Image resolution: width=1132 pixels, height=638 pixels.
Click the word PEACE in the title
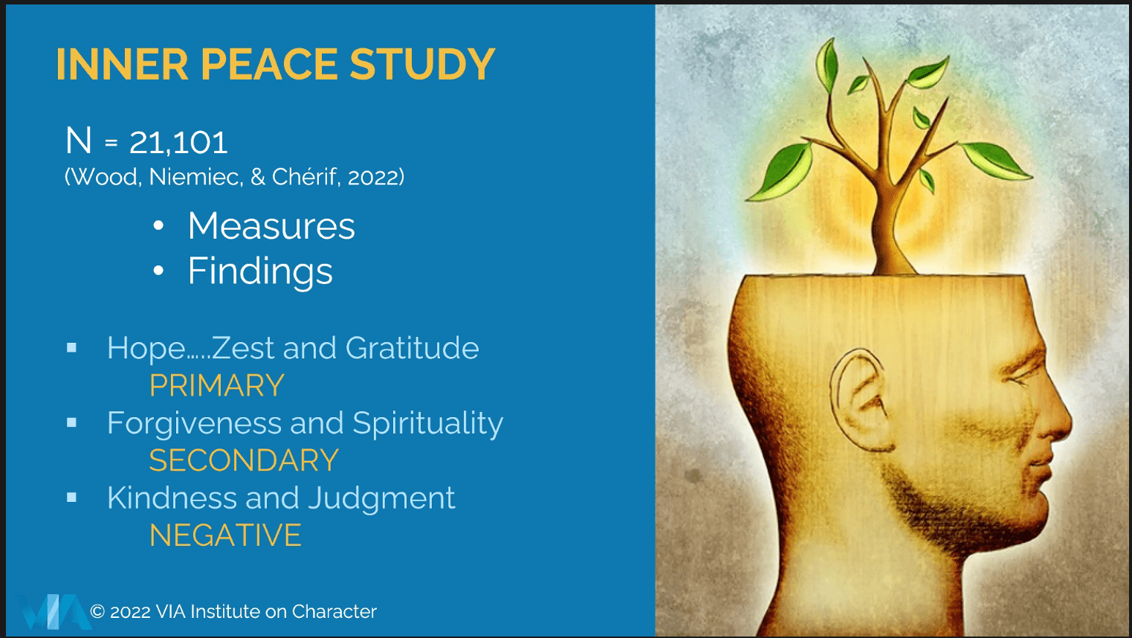[x=269, y=64]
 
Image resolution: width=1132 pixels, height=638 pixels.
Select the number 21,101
[x=178, y=143]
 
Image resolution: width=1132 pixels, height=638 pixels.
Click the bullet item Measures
[x=271, y=225]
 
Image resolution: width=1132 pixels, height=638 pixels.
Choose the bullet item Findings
[x=260, y=271]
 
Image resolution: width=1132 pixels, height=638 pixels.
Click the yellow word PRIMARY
[x=217, y=385]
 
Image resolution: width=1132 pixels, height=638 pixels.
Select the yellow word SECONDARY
[x=244, y=460]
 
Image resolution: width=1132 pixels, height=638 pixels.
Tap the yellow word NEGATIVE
[x=225, y=535]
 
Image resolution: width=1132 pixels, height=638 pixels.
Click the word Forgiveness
[x=194, y=423]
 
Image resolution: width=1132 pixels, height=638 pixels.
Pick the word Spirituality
[x=427, y=424]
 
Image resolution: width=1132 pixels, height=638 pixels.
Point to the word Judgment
[x=381, y=498]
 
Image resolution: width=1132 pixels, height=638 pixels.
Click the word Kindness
[x=172, y=498]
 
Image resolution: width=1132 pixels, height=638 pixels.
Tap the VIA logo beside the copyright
[x=54, y=612]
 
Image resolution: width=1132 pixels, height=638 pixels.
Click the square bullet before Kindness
[x=72, y=498]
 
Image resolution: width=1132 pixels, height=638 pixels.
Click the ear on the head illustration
[x=860, y=400]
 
